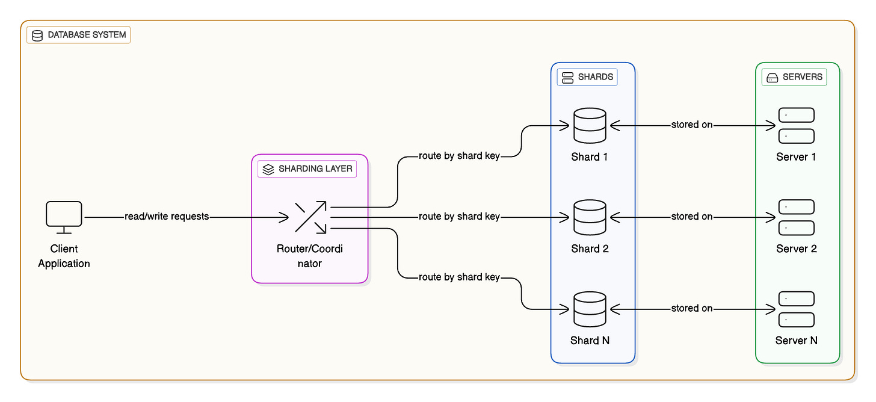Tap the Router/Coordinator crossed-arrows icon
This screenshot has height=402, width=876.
pyautogui.click(x=310, y=217)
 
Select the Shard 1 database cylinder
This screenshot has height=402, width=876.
pyautogui.click(x=590, y=125)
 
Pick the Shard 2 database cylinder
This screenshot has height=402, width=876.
pyautogui.click(x=590, y=217)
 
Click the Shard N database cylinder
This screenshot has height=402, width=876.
pyautogui.click(x=590, y=309)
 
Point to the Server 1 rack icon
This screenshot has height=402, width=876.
pyautogui.click(x=796, y=125)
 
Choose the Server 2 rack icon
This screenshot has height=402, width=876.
pyautogui.click(x=796, y=217)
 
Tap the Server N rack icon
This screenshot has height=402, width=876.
pyautogui.click(x=796, y=309)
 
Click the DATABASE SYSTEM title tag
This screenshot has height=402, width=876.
pyautogui.click(x=79, y=35)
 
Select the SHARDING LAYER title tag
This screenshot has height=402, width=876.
pyautogui.click(x=307, y=169)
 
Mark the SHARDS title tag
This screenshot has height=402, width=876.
pyautogui.click(x=587, y=77)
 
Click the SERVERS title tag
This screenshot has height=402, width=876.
pyautogui.click(x=794, y=77)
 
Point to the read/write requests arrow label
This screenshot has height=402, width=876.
pyautogui.click(x=167, y=217)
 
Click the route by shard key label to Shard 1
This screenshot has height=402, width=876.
pyautogui.click(x=459, y=156)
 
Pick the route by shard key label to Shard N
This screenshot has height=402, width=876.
pyautogui.click(x=459, y=277)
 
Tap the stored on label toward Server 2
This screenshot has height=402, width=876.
pyautogui.click(x=692, y=217)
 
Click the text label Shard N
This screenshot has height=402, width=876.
pyautogui.click(x=590, y=341)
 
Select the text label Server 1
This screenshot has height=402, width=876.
pyautogui.click(x=796, y=157)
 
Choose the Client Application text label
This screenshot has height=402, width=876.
pyautogui.click(x=64, y=256)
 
